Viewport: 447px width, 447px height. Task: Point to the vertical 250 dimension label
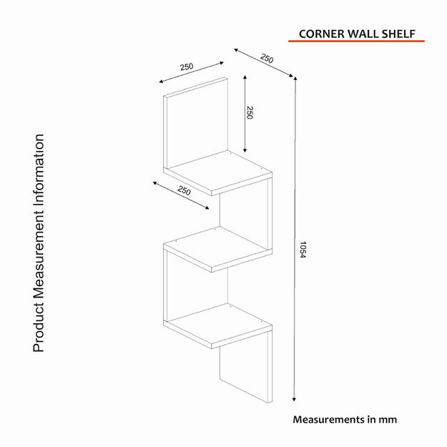click(250, 112)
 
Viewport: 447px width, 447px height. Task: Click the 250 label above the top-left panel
click(187, 67)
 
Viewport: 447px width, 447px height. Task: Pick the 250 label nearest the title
click(267, 57)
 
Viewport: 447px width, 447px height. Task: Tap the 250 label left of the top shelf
click(184, 191)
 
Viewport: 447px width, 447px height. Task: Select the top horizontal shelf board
click(218, 174)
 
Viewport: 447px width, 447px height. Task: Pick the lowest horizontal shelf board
click(218, 325)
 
